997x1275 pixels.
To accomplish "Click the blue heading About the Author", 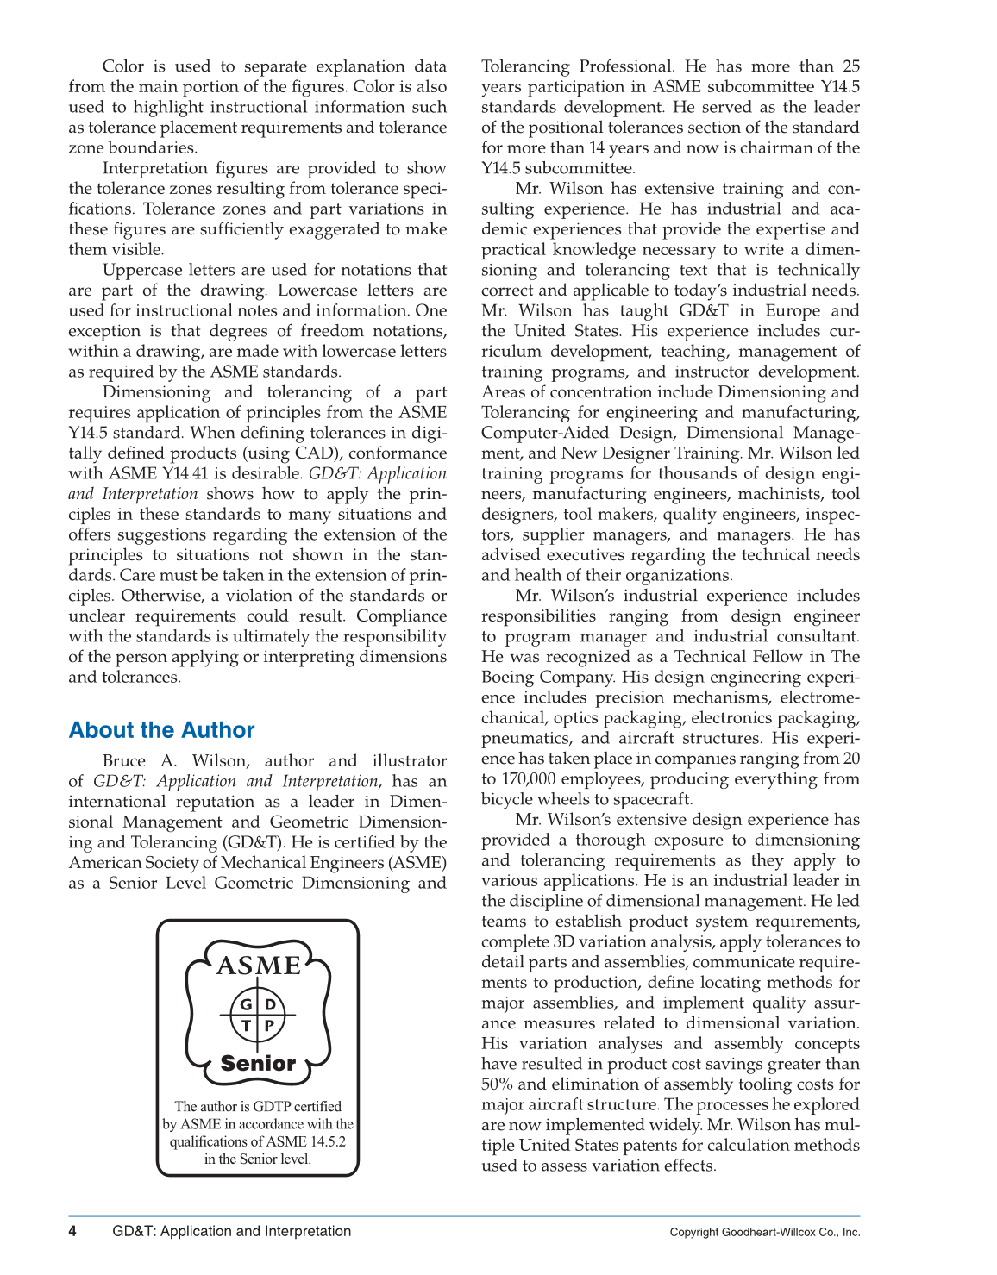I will point(161,730).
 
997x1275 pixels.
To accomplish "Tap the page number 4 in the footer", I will point(72,1231).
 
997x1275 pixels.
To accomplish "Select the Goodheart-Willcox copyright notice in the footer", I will point(764,1232).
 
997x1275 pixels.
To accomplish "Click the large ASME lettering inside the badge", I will point(258,965).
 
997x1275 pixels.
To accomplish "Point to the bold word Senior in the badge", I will point(258,1063).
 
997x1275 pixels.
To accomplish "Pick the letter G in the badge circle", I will point(246,1004).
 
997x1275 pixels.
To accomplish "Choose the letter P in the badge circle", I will point(269,1026).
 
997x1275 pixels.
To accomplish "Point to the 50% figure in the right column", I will point(498,1084).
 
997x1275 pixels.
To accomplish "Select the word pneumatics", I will point(527,738).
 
